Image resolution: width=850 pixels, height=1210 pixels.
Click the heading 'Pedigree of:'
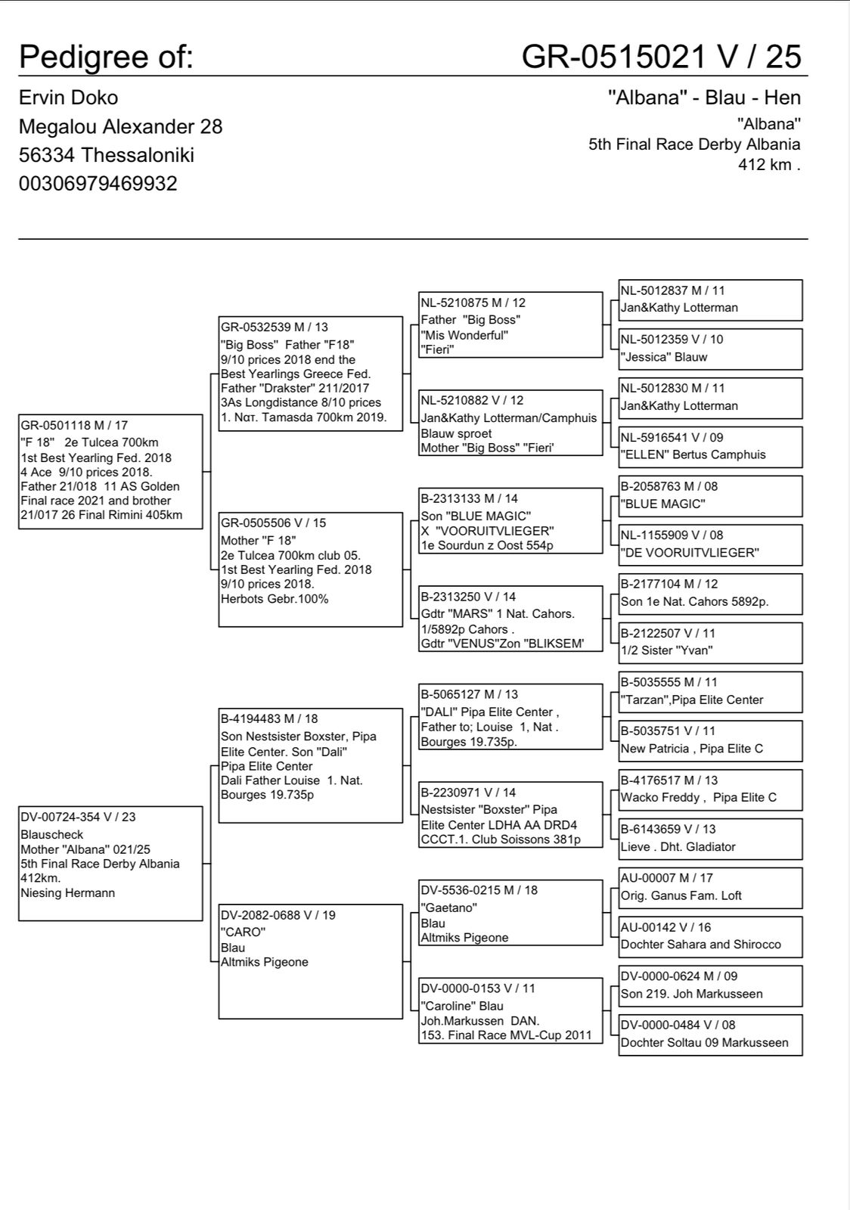pyautogui.click(x=106, y=57)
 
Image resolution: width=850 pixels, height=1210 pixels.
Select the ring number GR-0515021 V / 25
pyautogui.click(x=661, y=57)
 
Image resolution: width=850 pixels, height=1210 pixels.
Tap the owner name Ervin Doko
pyautogui.click(x=68, y=98)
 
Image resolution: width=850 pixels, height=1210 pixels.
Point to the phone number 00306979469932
pyautogui.click(x=98, y=184)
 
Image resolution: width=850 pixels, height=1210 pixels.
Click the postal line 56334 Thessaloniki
pyautogui.click(x=106, y=155)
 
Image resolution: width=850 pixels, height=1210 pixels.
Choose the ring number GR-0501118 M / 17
pyautogui.click(x=74, y=426)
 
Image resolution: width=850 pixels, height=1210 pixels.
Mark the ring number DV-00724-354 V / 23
pyautogui.click(x=78, y=818)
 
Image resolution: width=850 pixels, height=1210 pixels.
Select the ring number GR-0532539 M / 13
pyautogui.click(x=275, y=327)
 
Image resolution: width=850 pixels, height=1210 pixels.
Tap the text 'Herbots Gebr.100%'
pyautogui.click(x=275, y=599)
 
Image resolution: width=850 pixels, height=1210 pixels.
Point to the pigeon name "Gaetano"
pyautogui.click(x=448, y=907)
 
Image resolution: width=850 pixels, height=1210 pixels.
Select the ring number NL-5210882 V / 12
pyautogui.click(x=472, y=401)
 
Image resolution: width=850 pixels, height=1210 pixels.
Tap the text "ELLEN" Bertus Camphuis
pyautogui.click(x=693, y=455)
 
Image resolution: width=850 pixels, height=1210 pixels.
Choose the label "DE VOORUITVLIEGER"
pyautogui.click(x=690, y=553)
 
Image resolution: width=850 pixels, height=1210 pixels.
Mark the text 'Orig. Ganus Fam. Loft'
pyautogui.click(x=681, y=896)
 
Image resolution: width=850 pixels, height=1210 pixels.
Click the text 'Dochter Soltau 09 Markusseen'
pyautogui.click(x=704, y=1043)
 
